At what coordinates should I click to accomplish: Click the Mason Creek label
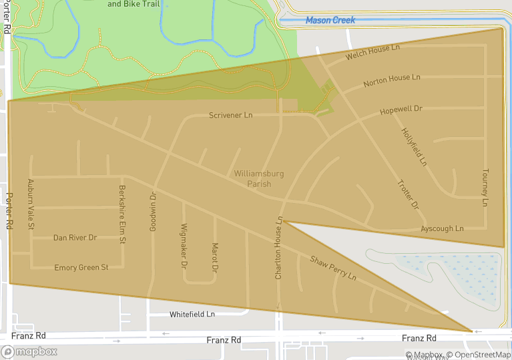point(330,20)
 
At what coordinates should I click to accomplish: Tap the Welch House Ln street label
point(372,53)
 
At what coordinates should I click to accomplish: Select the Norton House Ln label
point(392,81)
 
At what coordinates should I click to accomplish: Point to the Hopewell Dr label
point(401,109)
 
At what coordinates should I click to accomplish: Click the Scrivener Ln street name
point(230,116)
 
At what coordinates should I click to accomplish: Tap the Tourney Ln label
point(485,187)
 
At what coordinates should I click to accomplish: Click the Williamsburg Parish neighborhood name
point(259,178)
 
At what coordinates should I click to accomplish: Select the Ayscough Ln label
point(442,229)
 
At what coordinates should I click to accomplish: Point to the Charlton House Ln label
point(280,247)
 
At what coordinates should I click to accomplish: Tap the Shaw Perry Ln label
point(332,267)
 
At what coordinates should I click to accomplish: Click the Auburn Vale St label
point(31,204)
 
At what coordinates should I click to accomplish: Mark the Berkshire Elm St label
point(122,214)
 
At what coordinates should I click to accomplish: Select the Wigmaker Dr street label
point(184,246)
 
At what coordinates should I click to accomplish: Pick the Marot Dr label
point(214,257)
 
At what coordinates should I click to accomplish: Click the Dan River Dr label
point(75,238)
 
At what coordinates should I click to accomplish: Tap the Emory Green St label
point(81,268)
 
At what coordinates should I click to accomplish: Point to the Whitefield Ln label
point(192,314)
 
